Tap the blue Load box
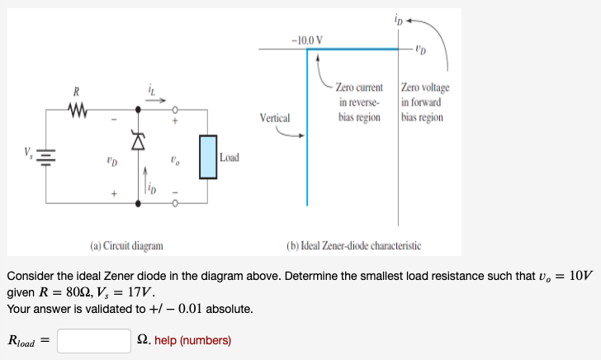click(x=206, y=156)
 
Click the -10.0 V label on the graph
click(x=306, y=39)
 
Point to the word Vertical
click(x=274, y=117)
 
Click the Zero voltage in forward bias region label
click(x=423, y=102)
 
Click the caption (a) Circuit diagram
click(x=126, y=245)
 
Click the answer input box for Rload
click(x=93, y=340)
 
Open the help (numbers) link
click(x=192, y=340)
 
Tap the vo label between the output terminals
click(x=174, y=156)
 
